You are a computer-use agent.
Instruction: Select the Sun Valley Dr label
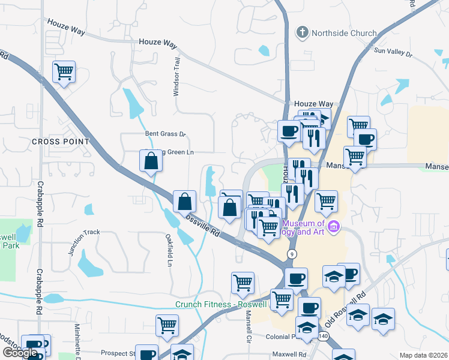pyautogui.click(x=393, y=53)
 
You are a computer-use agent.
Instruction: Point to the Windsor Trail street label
pyautogui.click(x=176, y=80)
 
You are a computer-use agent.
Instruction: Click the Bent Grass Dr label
pyautogui.click(x=166, y=134)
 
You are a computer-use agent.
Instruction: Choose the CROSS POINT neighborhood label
pyautogui.click(x=60, y=142)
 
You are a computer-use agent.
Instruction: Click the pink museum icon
pyautogui.click(x=334, y=227)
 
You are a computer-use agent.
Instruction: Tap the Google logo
pyautogui.click(x=20, y=352)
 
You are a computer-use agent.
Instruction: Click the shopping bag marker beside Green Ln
pyautogui.click(x=150, y=161)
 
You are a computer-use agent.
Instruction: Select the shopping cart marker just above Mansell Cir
pyautogui.click(x=243, y=283)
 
